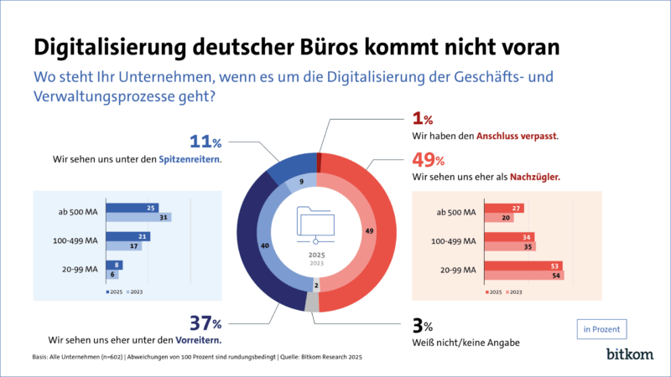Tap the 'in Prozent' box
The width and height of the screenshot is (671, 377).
[x=602, y=329]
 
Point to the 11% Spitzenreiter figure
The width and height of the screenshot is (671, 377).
[x=204, y=140]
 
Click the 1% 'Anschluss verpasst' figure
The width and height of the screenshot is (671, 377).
[x=420, y=120]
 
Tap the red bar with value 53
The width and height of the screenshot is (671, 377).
[x=521, y=266]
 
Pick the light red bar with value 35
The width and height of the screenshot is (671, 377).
[x=507, y=247]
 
